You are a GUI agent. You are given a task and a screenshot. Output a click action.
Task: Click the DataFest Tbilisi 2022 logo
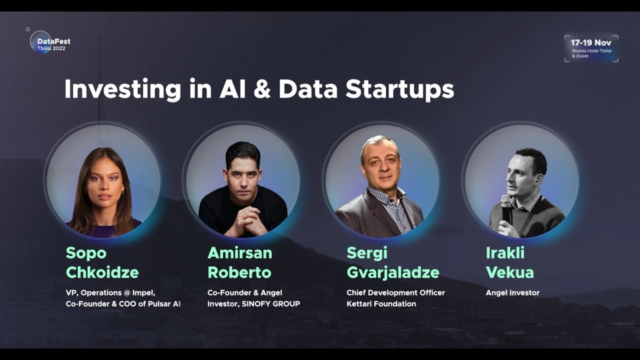pyautogui.click(x=49, y=43)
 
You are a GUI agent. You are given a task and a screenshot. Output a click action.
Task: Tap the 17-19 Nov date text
pyautogui.click(x=591, y=43)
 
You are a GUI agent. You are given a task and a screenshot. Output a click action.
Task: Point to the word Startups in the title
pyautogui.click(x=399, y=90)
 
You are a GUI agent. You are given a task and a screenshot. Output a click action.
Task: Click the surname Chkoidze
pyautogui.click(x=102, y=273)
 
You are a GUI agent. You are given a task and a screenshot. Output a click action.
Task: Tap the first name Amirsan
pyautogui.click(x=239, y=253)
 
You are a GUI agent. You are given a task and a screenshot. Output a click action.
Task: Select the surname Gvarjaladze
pyautogui.click(x=392, y=273)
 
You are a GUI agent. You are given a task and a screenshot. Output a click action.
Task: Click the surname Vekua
pyautogui.click(x=509, y=273)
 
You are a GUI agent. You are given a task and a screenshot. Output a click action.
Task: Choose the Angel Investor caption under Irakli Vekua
pyautogui.click(x=512, y=292)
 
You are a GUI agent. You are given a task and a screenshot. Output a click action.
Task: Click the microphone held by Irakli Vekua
pyautogui.click(x=506, y=205)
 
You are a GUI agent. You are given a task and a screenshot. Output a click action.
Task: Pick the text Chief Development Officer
pyautogui.click(x=395, y=292)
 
